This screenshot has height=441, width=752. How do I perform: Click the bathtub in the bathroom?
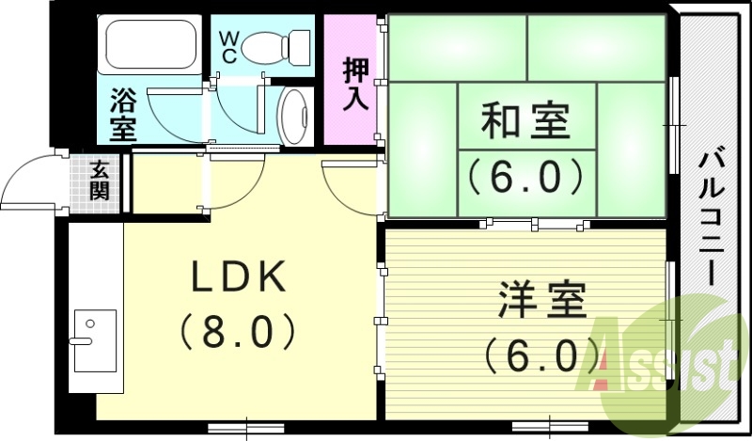[149, 46]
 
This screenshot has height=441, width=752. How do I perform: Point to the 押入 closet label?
[355, 86]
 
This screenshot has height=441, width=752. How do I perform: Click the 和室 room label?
[526, 122]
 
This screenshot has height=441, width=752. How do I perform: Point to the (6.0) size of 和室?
[526, 175]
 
